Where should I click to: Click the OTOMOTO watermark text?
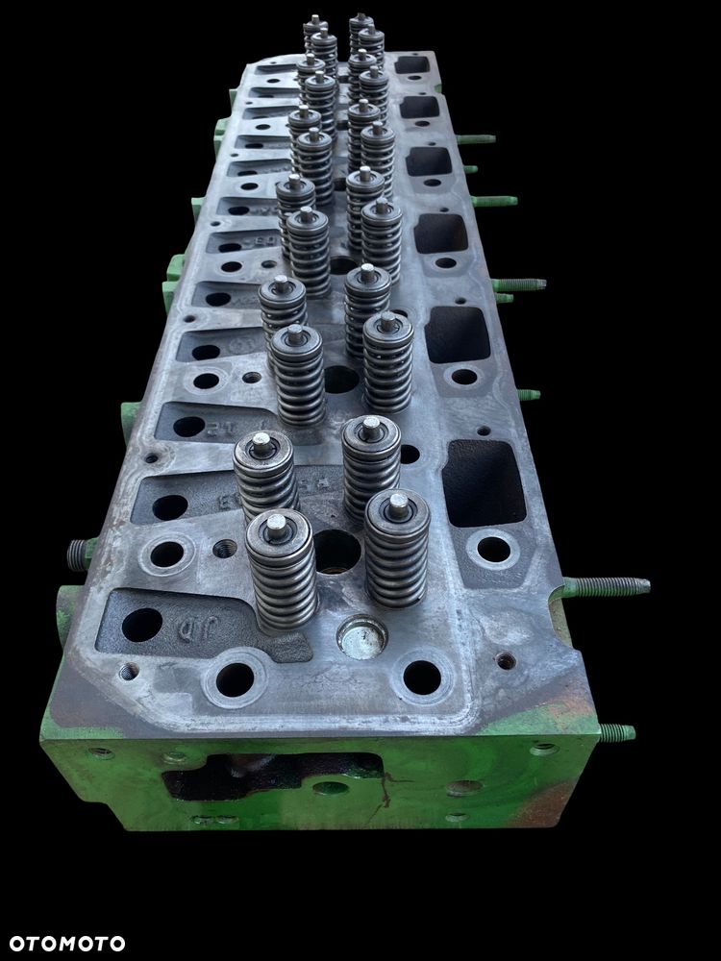(x=63, y=943)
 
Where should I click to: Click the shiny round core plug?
(x=362, y=635)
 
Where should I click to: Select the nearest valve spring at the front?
(x=281, y=572)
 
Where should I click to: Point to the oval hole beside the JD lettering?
(x=141, y=625)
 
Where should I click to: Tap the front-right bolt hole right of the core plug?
(x=422, y=677)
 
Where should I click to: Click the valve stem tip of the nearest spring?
(x=276, y=523)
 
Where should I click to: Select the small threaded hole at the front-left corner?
(x=129, y=670)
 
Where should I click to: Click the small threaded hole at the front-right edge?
(x=505, y=660)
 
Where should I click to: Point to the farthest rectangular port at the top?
(x=413, y=65)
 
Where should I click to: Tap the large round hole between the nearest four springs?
(x=337, y=551)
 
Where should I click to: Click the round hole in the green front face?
(x=331, y=788)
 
